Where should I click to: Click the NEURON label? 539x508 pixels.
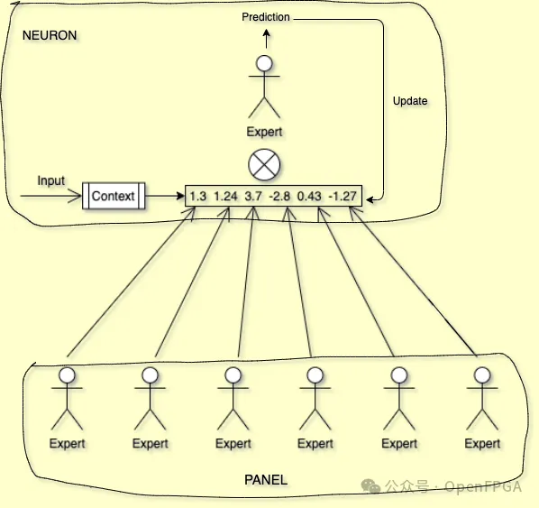pyautogui.click(x=50, y=35)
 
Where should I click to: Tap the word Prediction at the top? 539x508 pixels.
pyautogui.click(x=266, y=17)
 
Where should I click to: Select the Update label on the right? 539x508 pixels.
pyautogui.click(x=410, y=101)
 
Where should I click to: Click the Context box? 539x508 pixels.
pyautogui.click(x=113, y=195)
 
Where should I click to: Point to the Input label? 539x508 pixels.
pyautogui.click(x=51, y=180)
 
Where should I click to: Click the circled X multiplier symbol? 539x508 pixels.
pyautogui.click(x=264, y=165)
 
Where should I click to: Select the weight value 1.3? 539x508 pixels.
pyautogui.click(x=198, y=196)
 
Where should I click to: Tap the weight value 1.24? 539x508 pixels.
pyautogui.click(x=225, y=196)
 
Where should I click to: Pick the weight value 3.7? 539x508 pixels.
pyautogui.click(x=253, y=196)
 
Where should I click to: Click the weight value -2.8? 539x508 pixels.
pyautogui.click(x=282, y=196)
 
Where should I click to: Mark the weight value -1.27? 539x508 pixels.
pyautogui.click(x=343, y=196)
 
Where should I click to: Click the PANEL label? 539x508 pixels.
pyautogui.click(x=266, y=480)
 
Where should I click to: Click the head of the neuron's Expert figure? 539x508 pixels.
pyautogui.click(x=264, y=63)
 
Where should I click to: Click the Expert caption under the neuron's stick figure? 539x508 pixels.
pyautogui.click(x=264, y=132)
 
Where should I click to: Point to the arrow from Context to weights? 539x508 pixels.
pyautogui.click(x=164, y=195)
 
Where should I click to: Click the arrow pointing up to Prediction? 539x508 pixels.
pyautogui.click(x=265, y=39)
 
